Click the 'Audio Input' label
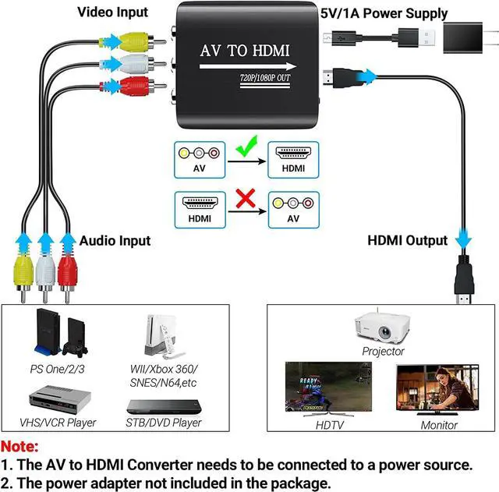pos(115,240)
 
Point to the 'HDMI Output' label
pos(407,240)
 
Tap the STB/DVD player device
pos(162,407)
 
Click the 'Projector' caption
pos(383,352)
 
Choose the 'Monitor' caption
pos(438,425)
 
